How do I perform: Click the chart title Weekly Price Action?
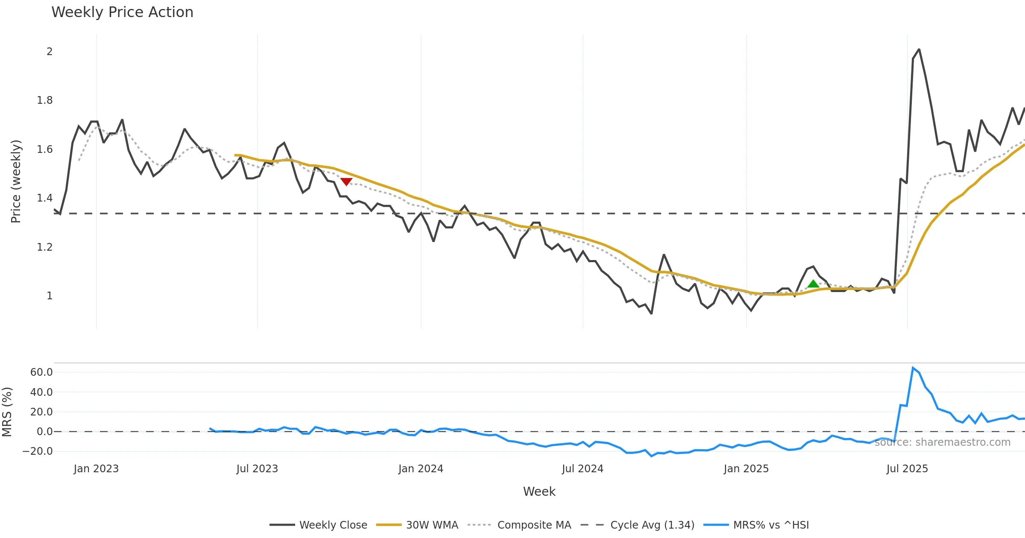(122, 12)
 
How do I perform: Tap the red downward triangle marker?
(346, 181)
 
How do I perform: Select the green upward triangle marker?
(813, 284)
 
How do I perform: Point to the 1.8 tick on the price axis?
(44, 100)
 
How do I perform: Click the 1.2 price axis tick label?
(44, 247)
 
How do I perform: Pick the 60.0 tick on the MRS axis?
(41, 372)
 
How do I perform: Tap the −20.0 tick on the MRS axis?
(38, 451)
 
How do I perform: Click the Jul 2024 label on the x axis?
(583, 469)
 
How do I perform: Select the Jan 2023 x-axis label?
(96, 469)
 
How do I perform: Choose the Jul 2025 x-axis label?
(907, 469)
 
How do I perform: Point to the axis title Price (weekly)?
(16, 181)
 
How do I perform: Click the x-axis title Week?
(539, 492)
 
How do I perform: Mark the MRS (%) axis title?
(7, 412)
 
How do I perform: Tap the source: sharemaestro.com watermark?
(943, 442)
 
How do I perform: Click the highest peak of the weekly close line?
(919, 50)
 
